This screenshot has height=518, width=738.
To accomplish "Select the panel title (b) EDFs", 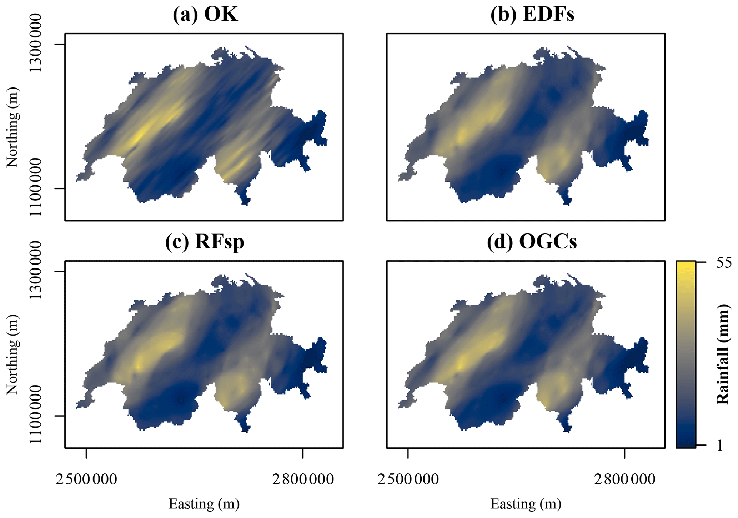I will (x=532, y=15).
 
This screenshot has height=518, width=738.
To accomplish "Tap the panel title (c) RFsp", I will (x=205, y=242).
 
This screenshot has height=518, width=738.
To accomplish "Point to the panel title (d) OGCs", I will (x=532, y=242).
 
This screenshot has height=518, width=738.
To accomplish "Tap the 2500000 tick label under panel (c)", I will (x=86, y=479).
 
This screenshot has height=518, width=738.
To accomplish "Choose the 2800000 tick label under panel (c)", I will (x=303, y=479).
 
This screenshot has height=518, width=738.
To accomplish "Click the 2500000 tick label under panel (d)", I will (x=408, y=479).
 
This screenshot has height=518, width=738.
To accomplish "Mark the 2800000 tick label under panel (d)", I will (x=624, y=479).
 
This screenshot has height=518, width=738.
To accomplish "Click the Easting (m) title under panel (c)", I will (x=204, y=504).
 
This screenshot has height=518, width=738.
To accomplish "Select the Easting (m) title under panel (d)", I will (x=526, y=504).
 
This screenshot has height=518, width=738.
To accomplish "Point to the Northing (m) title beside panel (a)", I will (x=12, y=127).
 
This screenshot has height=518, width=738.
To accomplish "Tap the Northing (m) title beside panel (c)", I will (x=12, y=354).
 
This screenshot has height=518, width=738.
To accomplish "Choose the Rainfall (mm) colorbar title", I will (x=722, y=354).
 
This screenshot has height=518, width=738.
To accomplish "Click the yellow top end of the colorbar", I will (x=686, y=266).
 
